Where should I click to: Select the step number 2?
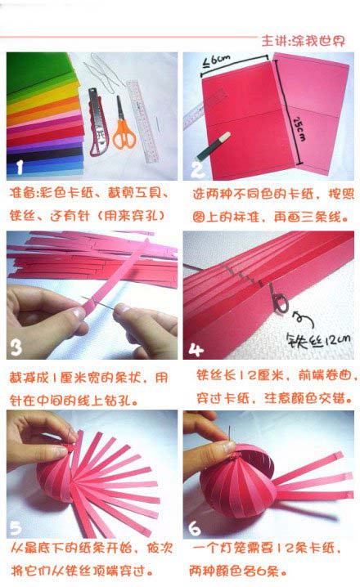[197, 169]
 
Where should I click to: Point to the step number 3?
[17, 348]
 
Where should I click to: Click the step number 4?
[196, 348]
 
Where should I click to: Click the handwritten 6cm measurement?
[216, 60]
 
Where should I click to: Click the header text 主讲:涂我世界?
[307, 40]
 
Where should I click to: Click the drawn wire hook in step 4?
[282, 307]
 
